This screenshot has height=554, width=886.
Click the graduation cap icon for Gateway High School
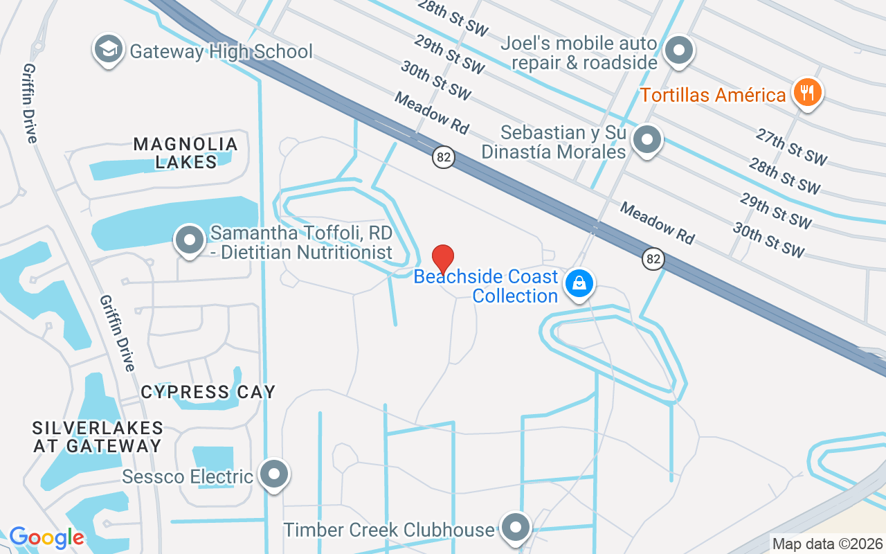click(108, 49)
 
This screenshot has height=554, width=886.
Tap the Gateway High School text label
click(221, 52)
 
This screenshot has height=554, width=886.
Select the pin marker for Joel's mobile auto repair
click(679, 51)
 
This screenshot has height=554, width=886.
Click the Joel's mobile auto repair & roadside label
click(579, 53)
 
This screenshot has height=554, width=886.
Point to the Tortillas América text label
click(712, 95)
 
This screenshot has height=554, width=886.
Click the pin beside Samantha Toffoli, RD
click(190, 240)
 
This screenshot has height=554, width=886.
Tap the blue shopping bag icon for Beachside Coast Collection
click(579, 283)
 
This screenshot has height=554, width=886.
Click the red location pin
click(443, 259)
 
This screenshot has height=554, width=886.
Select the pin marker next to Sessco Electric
click(275, 474)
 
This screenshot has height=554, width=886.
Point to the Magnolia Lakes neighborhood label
click(186, 153)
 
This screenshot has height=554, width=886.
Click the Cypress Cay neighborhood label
click(208, 392)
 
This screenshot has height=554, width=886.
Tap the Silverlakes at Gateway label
click(97, 437)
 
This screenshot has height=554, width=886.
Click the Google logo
click(46, 537)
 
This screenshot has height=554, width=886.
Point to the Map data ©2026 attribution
click(827, 544)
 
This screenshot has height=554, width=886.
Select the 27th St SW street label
click(791, 148)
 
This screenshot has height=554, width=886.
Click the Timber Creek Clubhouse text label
click(389, 530)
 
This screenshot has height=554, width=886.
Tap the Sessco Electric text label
click(188, 477)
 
